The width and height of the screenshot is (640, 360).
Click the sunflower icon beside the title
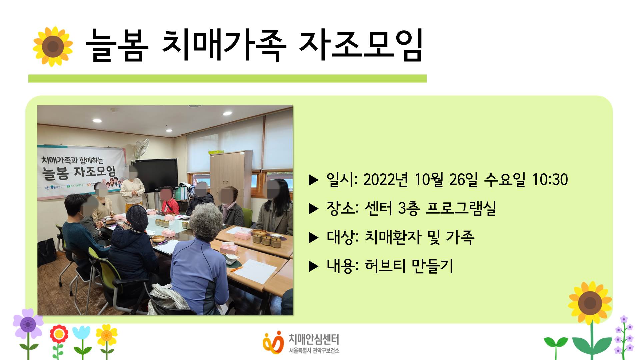[53, 46]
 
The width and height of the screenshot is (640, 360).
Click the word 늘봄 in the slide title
[117, 45]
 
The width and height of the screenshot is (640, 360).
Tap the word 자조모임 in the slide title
[361, 45]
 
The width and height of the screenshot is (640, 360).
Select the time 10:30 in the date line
[550, 179]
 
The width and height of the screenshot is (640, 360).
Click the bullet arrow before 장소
[314, 209]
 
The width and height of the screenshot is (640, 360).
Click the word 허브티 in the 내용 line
[385, 266]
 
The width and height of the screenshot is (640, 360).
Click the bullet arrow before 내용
[314, 266]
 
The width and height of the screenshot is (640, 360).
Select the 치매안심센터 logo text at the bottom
[314, 339]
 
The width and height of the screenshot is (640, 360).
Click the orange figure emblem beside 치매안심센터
[273, 342]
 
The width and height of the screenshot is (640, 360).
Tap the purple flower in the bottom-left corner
[28, 323]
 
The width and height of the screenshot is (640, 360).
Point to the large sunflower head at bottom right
[590, 303]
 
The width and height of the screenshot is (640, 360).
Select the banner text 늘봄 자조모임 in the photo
[79, 172]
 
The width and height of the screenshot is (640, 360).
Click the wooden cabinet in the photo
[231, 173]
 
